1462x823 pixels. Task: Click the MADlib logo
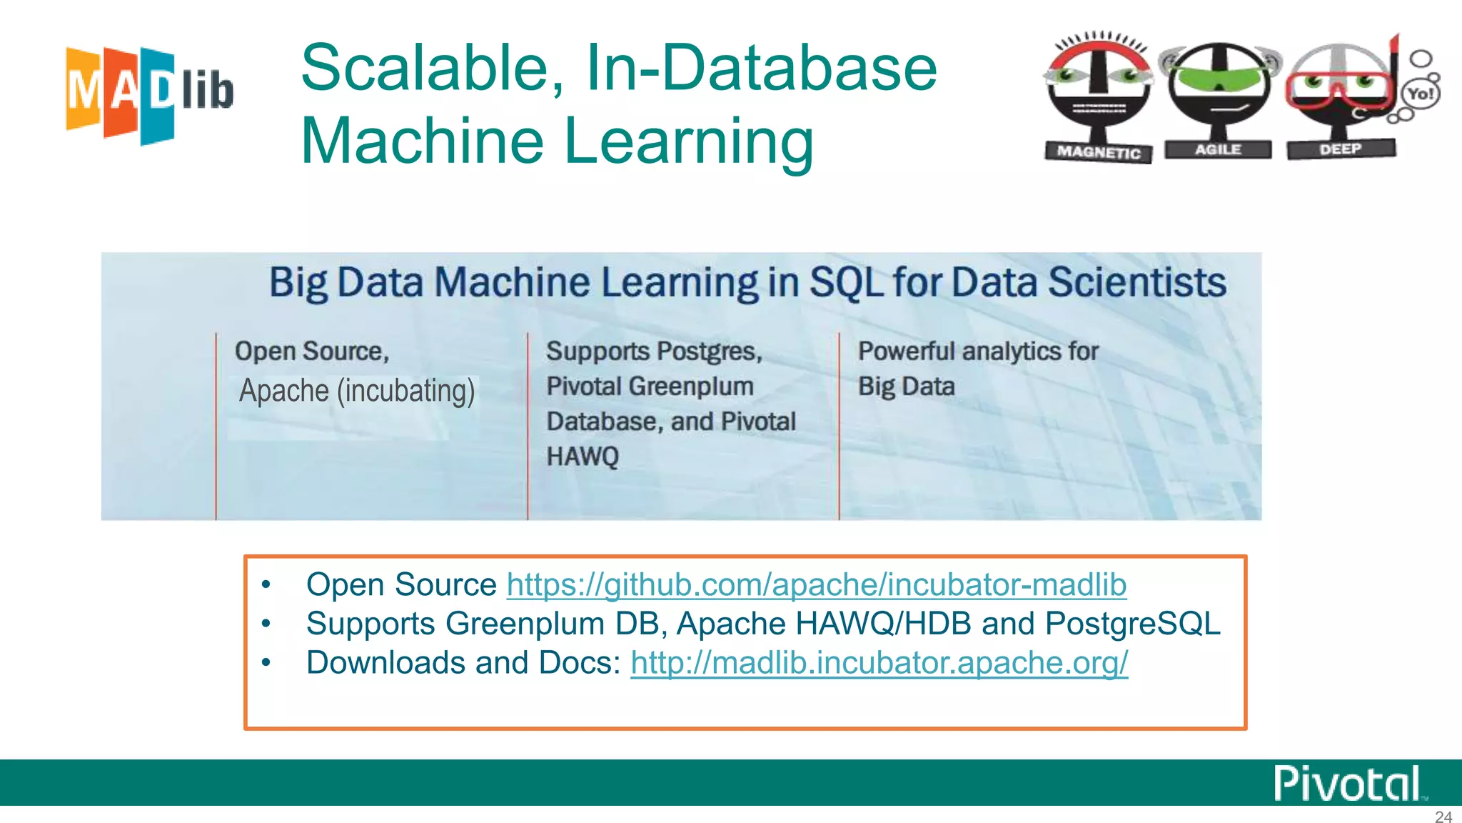[149, 94]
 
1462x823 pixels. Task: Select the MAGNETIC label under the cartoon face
[1098, 151]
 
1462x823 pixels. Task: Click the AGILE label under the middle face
[1218, 149]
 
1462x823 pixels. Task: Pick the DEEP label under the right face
[1340, 149]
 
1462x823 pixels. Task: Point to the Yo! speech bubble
[1420, 94]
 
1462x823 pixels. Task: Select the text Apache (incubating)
[357, 391]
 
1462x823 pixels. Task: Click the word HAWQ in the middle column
[583, 456]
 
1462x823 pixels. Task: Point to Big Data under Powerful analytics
[906, 386]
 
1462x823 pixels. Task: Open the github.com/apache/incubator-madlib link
[816, 584]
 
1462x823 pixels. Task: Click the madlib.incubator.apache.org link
[879, 662]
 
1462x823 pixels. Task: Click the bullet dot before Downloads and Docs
[266, 663]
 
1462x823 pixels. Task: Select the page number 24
[1443, 817]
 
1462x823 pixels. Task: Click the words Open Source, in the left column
[312, 351]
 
